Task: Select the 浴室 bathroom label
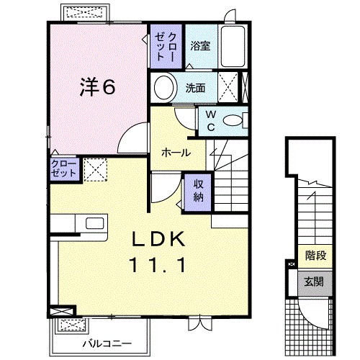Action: [x=200, y=45]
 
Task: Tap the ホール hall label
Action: [x=176, y=153]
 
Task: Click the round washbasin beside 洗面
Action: [x=165, y=89]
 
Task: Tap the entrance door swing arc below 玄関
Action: [x=315, y=311]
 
